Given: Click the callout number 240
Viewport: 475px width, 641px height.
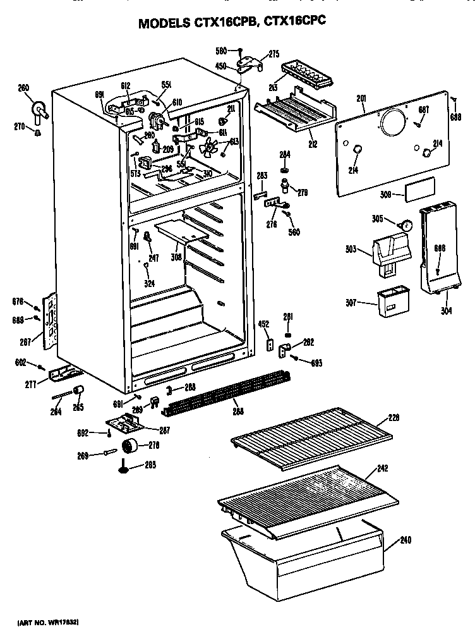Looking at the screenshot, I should click(405, 540).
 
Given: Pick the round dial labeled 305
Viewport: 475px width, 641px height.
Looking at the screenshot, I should click(407, 224).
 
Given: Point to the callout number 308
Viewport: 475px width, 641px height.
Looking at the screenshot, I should click(176, 257).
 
